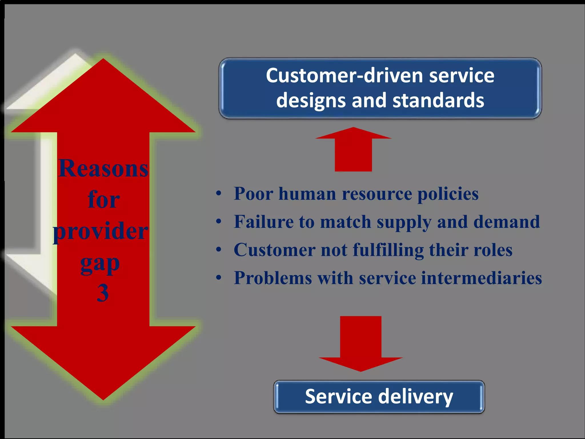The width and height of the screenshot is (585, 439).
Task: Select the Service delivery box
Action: click(379, 397)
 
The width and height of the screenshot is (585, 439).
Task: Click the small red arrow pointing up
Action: click(353, 150)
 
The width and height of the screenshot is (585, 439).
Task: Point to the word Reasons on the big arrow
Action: click(103, 169)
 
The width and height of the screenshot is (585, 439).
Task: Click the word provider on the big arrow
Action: click(101, 231)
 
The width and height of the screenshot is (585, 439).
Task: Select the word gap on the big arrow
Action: click(100, 263)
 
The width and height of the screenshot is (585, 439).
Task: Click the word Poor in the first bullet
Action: click(253, 194)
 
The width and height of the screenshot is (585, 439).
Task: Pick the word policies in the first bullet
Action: click(448, 194)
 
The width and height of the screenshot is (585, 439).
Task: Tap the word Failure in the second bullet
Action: click(263, 222)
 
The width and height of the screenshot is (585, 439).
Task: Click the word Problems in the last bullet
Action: click(273, 278)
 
